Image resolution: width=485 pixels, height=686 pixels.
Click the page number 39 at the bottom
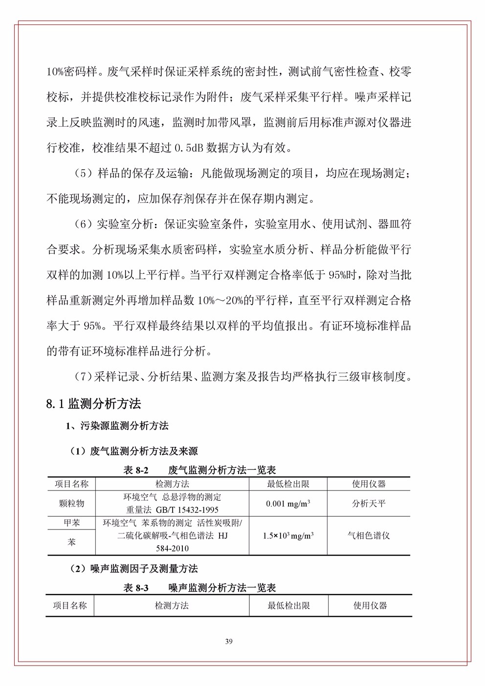point(228,642)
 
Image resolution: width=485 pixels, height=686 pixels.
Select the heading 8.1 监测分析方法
point(93,403)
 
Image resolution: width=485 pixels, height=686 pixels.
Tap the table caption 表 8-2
point(135,470)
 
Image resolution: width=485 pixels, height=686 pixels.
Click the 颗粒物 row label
point(71,503)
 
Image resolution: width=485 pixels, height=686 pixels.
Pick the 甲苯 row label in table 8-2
point(71,523)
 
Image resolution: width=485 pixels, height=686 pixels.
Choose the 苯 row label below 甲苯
point(71,542)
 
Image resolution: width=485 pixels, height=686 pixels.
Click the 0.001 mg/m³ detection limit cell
point(288,504)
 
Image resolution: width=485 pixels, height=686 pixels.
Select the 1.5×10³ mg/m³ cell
point(288,535)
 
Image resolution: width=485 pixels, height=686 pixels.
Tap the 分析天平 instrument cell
point(369,503)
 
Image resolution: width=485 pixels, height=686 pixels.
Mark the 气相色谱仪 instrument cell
point(369,535)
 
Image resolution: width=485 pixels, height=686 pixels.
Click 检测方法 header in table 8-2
point(172,484)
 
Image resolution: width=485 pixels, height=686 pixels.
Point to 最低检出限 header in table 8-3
point(288,605)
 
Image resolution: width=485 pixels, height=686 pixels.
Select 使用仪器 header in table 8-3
point(370,605)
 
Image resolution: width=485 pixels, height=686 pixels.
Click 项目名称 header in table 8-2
point(71,484)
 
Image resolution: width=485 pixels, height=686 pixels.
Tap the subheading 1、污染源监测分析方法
point(117,426)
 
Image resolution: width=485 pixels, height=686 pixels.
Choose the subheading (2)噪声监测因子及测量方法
point(134,569)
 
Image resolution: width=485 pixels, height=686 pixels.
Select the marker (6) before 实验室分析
point(83,224)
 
